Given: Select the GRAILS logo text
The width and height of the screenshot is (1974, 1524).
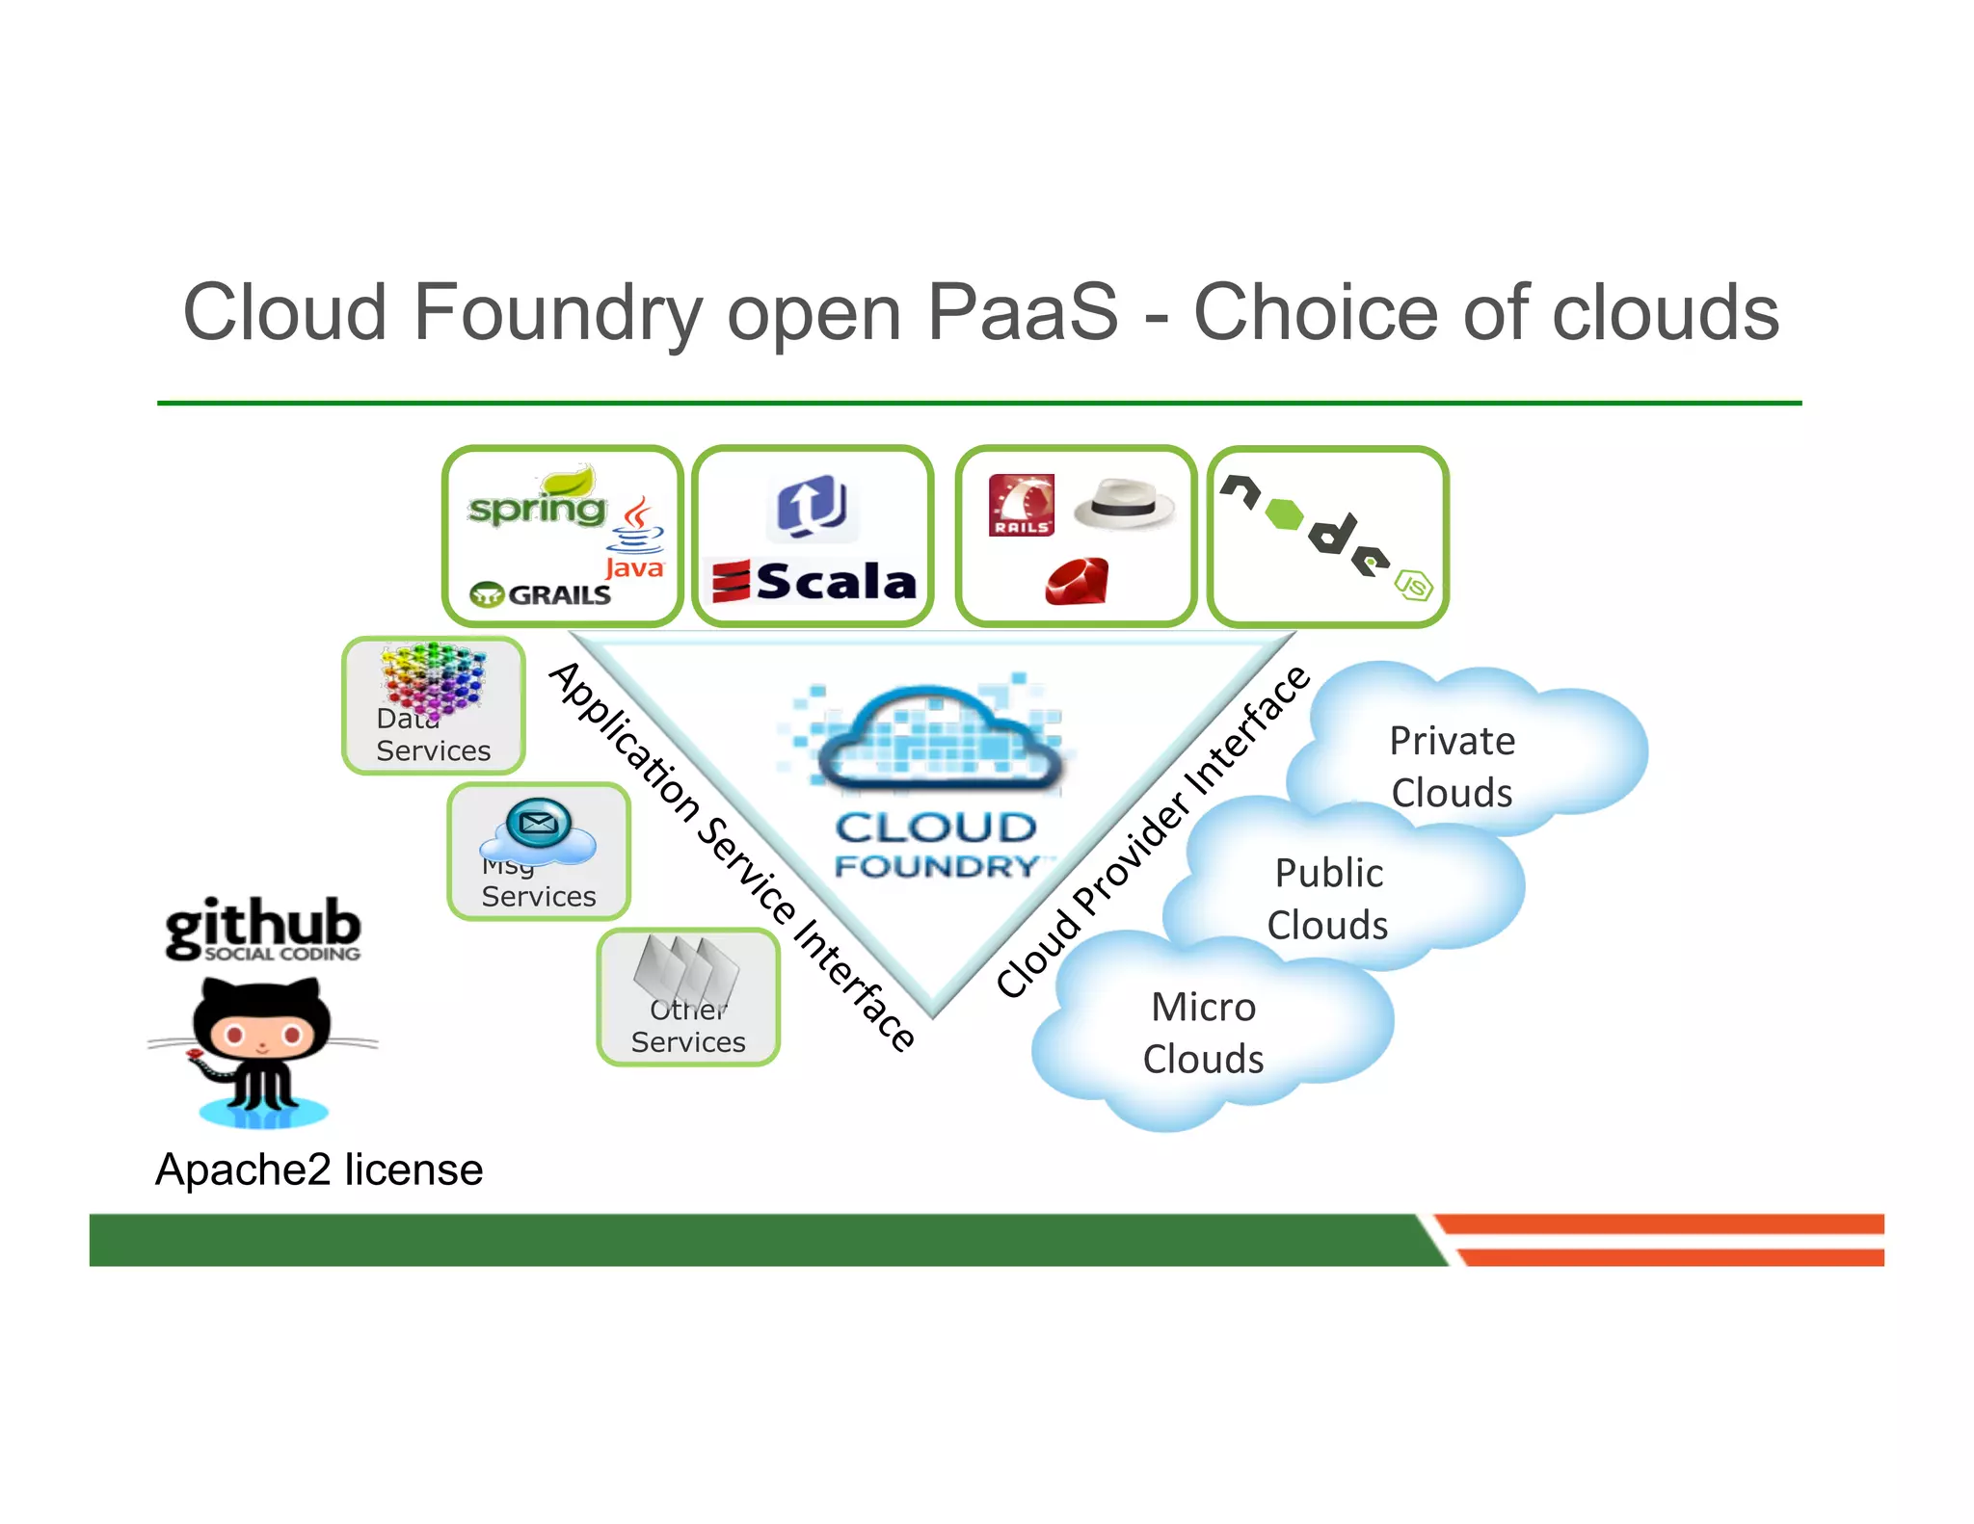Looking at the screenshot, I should tap(542, 594).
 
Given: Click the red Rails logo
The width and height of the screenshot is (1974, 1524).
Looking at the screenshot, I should tap(1021, 505).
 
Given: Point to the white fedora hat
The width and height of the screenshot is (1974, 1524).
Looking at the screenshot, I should tap(1125, 504).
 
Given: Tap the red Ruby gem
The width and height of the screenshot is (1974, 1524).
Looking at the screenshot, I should tap(1077, 582).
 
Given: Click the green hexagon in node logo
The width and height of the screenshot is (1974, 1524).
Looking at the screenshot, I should tap(1284, 513).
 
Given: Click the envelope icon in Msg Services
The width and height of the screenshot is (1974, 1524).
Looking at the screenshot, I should tap(538, 823).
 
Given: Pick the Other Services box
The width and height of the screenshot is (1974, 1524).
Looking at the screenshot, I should tap(688, 997).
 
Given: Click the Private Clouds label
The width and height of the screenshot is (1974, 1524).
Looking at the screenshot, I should tap(1452, 767).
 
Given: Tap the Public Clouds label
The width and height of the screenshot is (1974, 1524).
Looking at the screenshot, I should tap(1328, 899).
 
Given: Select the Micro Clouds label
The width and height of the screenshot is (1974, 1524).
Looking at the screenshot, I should tap(1203, 1033).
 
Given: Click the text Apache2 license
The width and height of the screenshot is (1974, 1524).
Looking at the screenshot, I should tap(319, 1169).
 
